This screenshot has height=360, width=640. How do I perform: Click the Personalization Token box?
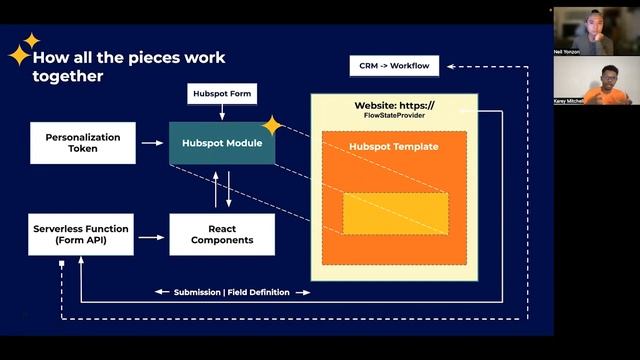84,142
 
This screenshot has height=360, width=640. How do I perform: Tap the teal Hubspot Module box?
222,143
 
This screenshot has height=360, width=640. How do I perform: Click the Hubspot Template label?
393,147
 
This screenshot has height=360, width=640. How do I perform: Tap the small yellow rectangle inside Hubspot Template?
395,213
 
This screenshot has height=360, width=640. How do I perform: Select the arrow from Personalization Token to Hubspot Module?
152,143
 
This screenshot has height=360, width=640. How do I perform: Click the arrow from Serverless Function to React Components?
152,237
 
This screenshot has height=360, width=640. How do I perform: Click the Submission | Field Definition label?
232,292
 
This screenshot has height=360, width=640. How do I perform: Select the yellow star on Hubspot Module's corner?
271,125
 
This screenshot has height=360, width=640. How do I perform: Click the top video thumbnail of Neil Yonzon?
597,30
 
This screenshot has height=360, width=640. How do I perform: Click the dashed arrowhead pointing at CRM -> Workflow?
452,66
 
